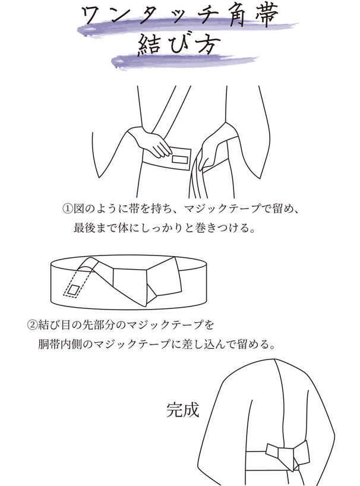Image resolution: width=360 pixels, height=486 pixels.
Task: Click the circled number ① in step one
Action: coord(68,209)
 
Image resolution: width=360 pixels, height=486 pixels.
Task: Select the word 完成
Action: coord(182,409)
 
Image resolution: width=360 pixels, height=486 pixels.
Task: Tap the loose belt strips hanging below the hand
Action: coord(195,184)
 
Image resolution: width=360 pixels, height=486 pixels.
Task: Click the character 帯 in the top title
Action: coord(266,18)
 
